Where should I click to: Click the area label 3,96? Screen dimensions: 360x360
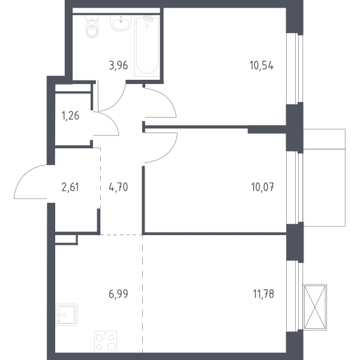(x=118, y=65)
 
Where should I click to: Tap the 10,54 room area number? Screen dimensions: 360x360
(x=262, y=65)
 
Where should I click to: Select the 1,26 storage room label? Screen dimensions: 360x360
(x=70, y=115)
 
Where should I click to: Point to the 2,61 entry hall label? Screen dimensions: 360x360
(x=70, y=187)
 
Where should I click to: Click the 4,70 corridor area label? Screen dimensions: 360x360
(x=118, y=187)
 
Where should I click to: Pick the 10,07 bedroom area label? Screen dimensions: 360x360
(x=262, y=187)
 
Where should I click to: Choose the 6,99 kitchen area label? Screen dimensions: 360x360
(x=118, y=294)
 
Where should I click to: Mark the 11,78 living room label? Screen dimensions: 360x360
(x=263, y=294)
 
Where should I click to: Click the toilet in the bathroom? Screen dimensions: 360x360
(x=92, y=26)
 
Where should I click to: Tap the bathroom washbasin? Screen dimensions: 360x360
(x=121, y=23)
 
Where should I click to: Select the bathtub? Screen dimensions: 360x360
(x=147, y=46)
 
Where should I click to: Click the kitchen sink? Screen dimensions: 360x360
(x=67, y=315)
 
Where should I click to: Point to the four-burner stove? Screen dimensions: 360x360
(x=106, y=341)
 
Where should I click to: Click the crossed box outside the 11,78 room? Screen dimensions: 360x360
(x=315, y=307)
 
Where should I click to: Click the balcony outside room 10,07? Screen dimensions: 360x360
(x=325, y=178)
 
